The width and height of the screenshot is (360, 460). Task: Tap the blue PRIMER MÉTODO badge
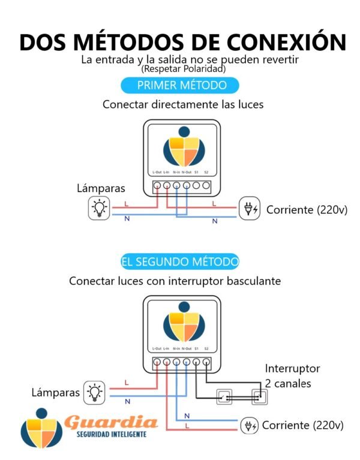[x=173, y=85]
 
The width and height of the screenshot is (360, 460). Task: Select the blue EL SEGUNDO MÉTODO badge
[x=179, y=262]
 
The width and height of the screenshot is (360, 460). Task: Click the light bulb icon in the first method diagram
[x=98, y=208]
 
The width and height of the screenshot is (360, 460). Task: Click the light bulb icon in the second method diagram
[x=94, y=392]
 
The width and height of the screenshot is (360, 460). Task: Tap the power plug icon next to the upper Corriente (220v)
[x=249, y=209]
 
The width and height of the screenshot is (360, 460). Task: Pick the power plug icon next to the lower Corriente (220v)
[x=249, y=425]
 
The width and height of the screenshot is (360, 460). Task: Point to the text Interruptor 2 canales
[x=292, y=375]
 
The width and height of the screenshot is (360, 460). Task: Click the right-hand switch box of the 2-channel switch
[x=259, y=396]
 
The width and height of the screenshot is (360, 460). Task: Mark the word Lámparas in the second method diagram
[x=56, y=392]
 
